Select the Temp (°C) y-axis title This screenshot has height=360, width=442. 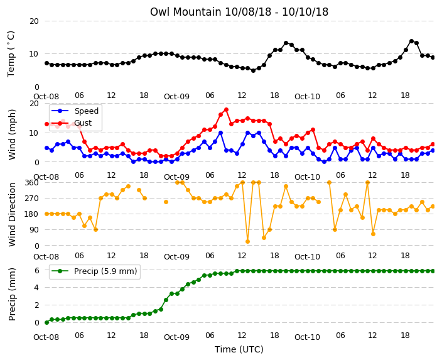click(x=11, y=54)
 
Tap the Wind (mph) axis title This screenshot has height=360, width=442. click(x=11, y=134)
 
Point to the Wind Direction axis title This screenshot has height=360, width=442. click(x=11, y=214)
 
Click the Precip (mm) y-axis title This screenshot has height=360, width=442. click(x=11, y=294)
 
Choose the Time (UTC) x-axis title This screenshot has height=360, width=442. click(x=239, y=349)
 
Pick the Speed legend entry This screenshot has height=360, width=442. click(x=75, y=111)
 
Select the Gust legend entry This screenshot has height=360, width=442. click(x=72, y=123)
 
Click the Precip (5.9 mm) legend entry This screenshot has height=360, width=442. click(x=94, y=271)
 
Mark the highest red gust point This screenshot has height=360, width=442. click(x=226, y=109)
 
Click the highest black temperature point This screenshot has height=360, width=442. click(x=411, y=41)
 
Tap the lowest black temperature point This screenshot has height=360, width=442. click(x=253, y=70)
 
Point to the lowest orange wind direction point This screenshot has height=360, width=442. click(x=248, y=241)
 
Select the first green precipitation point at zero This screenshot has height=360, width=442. click(x=47, y=322)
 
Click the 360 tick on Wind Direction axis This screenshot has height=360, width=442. click(x=32, y=183)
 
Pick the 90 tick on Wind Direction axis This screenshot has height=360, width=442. click(x=34, y=230)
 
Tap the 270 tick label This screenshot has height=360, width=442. click(x=32, y=199)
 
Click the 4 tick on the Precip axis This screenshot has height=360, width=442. click(x=36, y=288)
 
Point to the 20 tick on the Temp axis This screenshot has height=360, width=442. click(x=34, y=21)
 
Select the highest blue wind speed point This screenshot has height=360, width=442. click(x=221, y=133)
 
